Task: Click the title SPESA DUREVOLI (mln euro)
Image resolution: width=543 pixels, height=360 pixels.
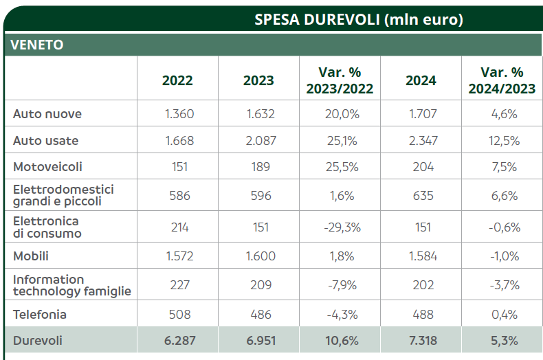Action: (359, 19)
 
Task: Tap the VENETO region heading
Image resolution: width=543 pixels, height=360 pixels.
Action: (37, 45)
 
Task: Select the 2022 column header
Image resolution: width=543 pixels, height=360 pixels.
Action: (177, 80)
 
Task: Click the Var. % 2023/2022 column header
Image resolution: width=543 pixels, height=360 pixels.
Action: (340, 80)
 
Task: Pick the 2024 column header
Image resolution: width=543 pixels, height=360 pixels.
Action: (421, 80)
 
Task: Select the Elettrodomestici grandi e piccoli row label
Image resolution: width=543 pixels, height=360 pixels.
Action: (63, 195)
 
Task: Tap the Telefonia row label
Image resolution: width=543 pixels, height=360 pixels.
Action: (40, 315)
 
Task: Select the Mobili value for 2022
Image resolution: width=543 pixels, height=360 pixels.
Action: (179, 256)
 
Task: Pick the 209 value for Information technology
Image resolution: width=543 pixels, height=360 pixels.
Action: (260, 285)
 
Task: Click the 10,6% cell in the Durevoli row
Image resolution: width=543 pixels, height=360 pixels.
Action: (340, 341)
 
